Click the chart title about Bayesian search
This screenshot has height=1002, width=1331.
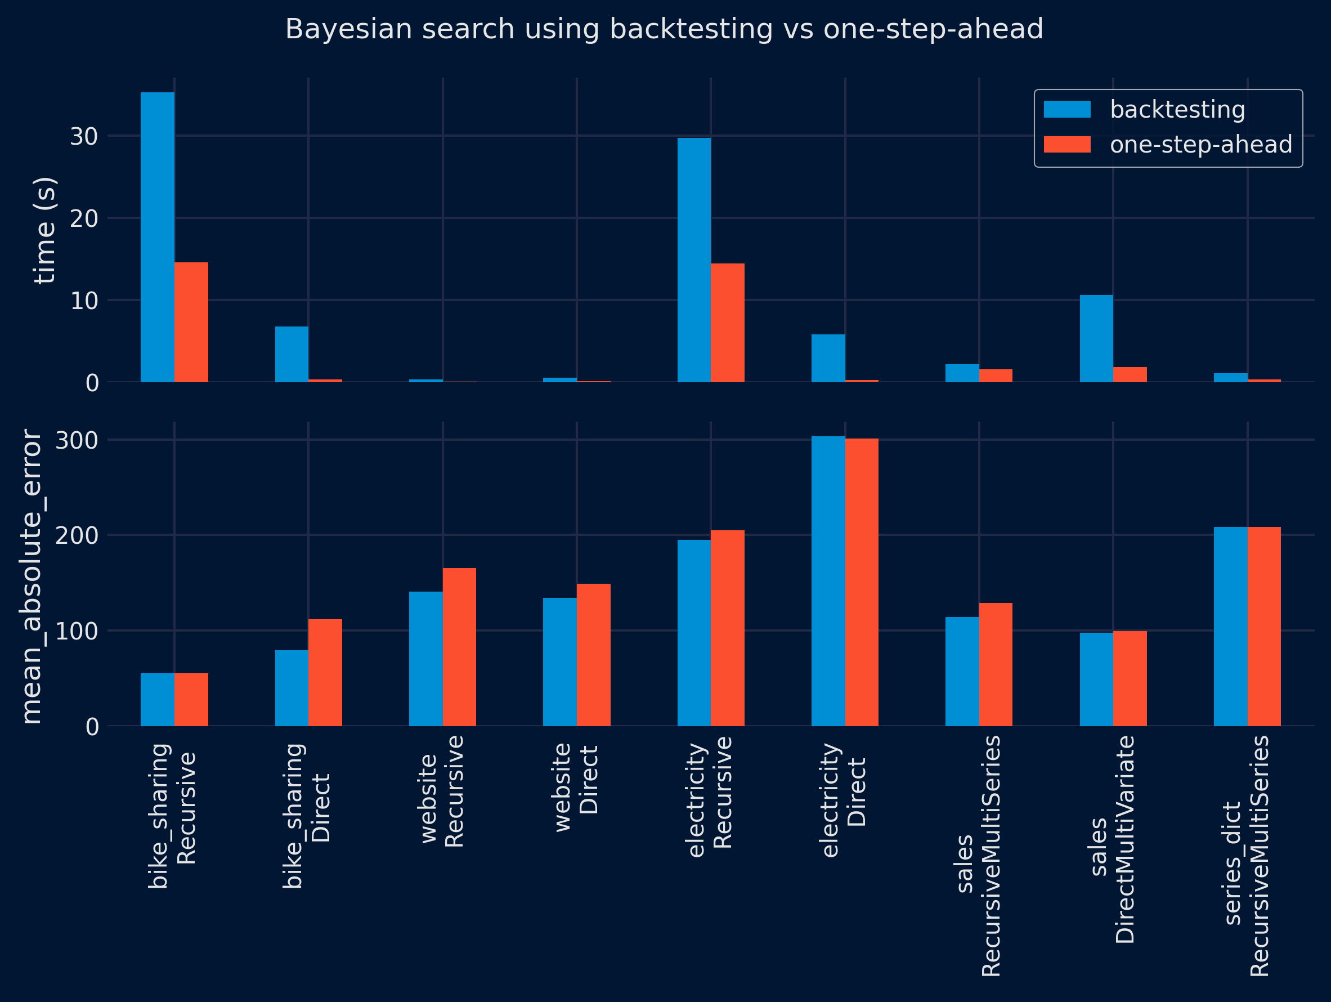coord(664,29)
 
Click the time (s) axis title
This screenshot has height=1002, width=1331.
coord(45,230)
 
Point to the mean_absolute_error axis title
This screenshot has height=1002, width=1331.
coord(32,576)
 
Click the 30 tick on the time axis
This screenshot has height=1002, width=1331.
coord(84,137)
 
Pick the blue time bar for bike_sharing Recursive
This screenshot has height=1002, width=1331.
coord(158,237)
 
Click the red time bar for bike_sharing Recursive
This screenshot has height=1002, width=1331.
coord(191,322)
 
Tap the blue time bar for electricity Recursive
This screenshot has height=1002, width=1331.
coord(694,260)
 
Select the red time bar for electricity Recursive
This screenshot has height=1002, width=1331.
coord(728,323)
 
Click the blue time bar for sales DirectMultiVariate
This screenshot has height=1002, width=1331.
coord(1096,338)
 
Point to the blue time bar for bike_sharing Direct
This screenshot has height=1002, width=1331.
coord(292,354)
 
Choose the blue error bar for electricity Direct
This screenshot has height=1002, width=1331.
coord(828,581)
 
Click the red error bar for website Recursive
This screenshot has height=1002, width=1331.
coord(459,647)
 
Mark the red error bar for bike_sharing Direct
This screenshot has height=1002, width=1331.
coord(325,672)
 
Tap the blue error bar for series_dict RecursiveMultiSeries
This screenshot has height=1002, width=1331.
coord(1230,626)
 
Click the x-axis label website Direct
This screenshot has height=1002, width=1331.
coord(576,788)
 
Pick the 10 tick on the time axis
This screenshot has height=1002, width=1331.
coord(84,301)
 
